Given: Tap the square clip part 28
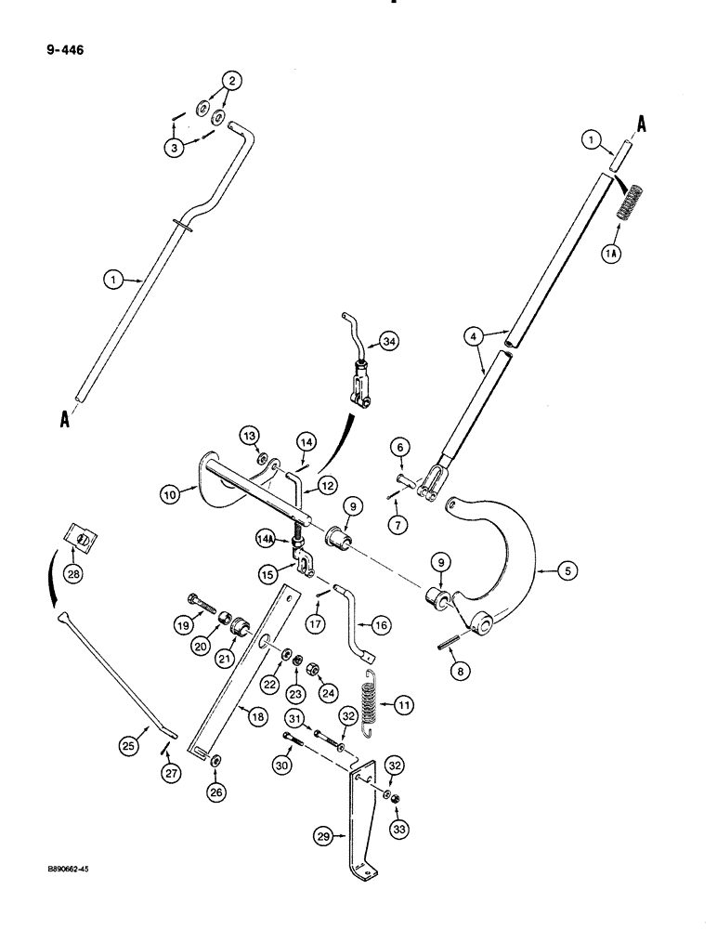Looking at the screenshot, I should point(82,537).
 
